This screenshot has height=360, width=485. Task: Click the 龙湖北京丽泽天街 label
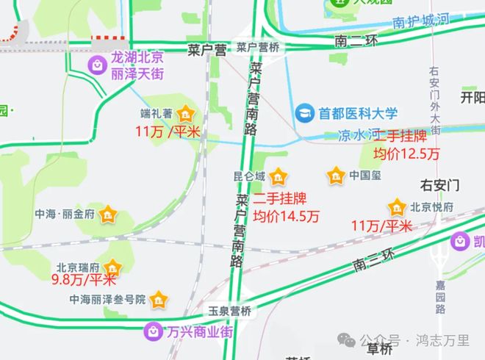point(137,65)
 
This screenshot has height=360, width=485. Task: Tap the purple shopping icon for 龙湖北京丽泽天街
point(98,65)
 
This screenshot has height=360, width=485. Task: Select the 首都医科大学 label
point(358,114)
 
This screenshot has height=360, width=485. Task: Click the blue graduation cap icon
point(303,114)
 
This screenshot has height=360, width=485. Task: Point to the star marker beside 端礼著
point(187,114)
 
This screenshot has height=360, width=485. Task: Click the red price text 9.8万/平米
point(84,279)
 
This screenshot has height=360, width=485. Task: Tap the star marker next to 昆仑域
point(279,176)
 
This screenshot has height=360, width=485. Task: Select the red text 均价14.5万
point(287,217)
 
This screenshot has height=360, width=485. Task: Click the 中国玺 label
point(364,176)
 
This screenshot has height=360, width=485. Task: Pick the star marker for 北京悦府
point(398,206)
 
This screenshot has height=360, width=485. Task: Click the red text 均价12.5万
point(406,154)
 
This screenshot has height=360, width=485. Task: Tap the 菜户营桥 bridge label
point(258,47)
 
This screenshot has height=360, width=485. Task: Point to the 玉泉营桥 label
point(229,312)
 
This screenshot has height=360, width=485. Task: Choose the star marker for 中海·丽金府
point(108,215)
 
